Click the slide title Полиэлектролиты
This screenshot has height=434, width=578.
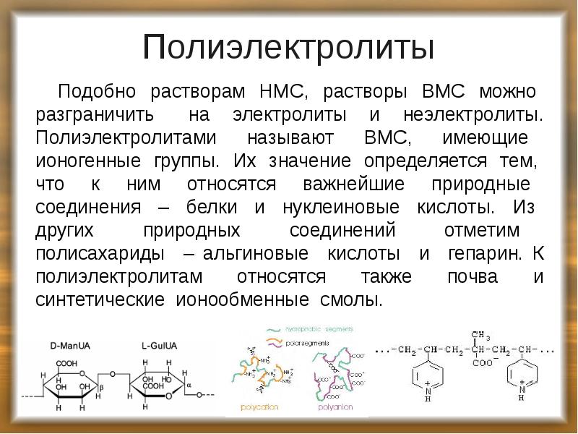point(288,47)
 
